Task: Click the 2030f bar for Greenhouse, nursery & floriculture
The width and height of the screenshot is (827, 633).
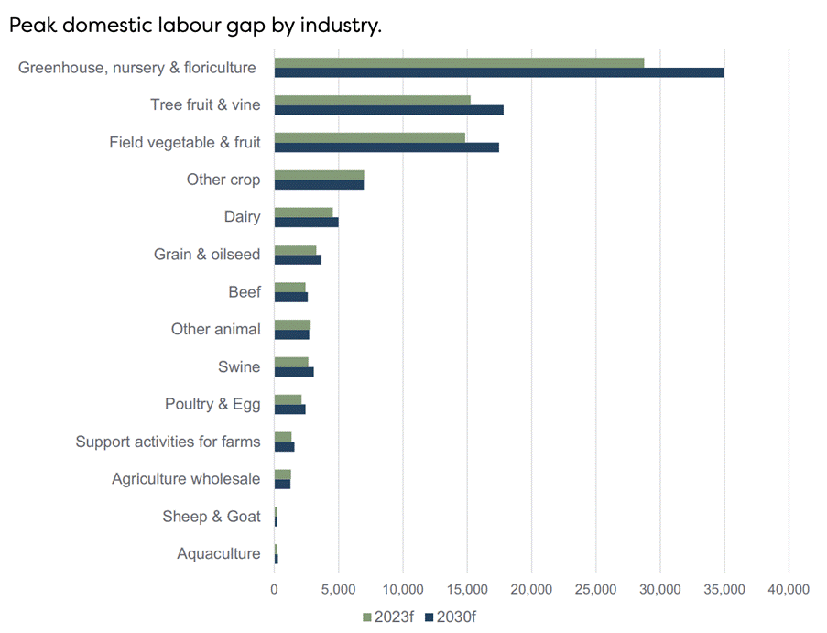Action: [499, 72]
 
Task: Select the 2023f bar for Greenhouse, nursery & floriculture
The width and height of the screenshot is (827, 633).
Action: [459, 62]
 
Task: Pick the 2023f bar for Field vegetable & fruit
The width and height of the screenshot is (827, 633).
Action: [369, 137]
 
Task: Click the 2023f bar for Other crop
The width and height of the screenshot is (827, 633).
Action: [319, 175]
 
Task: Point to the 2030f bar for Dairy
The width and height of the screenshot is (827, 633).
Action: [306, 223]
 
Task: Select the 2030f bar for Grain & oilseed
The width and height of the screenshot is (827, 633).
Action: [298, 260]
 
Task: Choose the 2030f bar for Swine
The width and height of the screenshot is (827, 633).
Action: [294, 372]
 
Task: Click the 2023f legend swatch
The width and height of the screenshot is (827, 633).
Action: [367, 617]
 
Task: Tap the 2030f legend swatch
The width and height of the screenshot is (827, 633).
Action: [429, 617]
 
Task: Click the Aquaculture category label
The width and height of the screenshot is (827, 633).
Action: [218, 553]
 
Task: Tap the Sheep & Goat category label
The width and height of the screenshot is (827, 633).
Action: [212, 517]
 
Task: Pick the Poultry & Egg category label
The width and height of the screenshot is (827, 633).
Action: [212, 404]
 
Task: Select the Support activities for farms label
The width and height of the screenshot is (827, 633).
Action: [168, 442]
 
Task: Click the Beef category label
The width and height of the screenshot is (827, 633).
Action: [245, 292]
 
